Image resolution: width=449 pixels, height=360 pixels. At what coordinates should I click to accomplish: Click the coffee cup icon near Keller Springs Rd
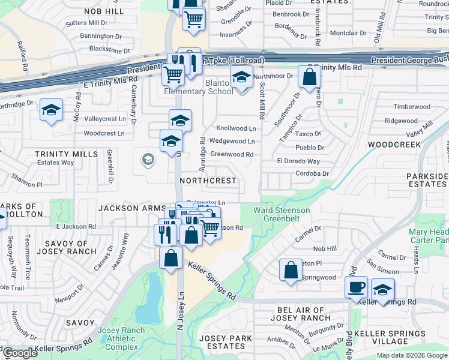click(356, 287)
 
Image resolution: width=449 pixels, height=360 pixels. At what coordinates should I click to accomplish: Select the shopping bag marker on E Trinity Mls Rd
click(309, 78)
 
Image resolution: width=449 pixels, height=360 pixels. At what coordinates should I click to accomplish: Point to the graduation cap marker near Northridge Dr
click(52, 110)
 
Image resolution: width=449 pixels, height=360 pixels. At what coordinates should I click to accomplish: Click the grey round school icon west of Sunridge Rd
click(147, 160)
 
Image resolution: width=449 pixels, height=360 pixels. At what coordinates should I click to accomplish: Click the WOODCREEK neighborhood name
click(391, 145)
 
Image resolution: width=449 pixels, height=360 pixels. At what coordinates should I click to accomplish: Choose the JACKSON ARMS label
click(126, 208)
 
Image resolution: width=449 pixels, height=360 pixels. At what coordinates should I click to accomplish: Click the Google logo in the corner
click(20, 353)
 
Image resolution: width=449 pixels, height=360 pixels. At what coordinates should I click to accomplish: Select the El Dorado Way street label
click(298, 161)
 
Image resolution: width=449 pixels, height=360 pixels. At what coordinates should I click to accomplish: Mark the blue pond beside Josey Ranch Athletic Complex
click(150, 300)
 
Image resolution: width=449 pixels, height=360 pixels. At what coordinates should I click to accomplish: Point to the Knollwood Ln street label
click(236, 128)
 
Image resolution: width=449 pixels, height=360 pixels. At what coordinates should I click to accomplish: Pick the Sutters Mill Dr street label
click(89, 23)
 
